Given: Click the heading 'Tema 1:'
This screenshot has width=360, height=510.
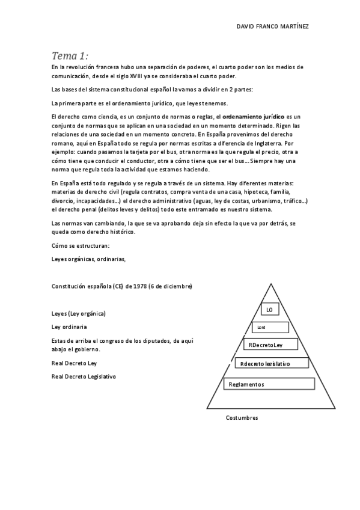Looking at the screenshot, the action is click(70, 56).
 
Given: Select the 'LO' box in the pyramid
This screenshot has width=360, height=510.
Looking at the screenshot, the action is click(269, 310).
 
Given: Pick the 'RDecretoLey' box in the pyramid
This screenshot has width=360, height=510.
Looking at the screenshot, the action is click(269, 345).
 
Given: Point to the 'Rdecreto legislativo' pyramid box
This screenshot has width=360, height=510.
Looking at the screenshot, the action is click(270, 364).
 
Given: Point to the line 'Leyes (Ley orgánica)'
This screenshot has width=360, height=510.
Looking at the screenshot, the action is click(79, 313).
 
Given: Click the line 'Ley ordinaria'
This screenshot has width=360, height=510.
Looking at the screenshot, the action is click(70, 327).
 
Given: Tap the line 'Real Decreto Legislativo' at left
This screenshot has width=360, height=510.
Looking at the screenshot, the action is click(84, 376).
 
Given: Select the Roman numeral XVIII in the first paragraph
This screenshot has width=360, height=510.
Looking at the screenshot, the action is click(163, 76).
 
